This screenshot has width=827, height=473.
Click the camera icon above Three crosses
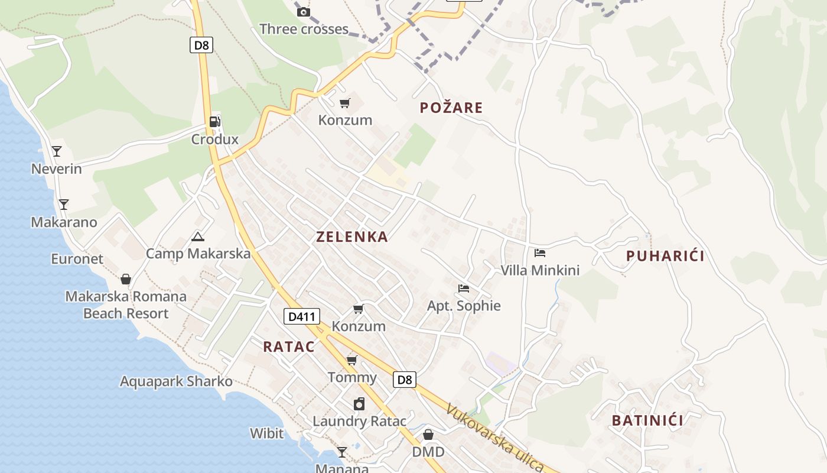pyautogui.click(x=303, y=12)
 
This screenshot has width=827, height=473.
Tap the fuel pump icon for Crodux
pyautogui.click(x=215, y=122)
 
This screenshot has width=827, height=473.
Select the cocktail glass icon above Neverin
pyautogui.click(x=57, y=151)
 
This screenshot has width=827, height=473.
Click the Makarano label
pyautogui.click(x=64, y=222)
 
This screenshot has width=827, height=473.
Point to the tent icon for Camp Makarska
pyautogui.click(x=198, y=237)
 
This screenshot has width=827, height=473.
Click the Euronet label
pyautogui.click(x=77, y=259)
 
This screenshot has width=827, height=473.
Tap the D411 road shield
pyautogui.click(x=302, y=316)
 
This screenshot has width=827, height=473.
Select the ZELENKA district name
pyautogui.click(x=352, y=237)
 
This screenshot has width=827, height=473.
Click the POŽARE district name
pyautogui.click(x=451, y=108)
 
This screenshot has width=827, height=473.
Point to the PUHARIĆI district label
pyautogui.click(x=665, y=256)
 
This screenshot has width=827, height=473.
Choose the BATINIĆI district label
pyautogui.click(x=647, y=421)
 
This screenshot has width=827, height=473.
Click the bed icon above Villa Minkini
pyautogui.click(x=539, y=253)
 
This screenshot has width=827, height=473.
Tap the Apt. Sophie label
pyautogui.click(x=464, y=306)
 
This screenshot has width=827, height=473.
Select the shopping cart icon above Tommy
pyautogui.click(x=352, y=360)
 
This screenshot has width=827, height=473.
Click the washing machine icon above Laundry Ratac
pyautogui.click(x=359, y=404)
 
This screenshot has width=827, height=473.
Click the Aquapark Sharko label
pyautogui.click(x=176, y=381)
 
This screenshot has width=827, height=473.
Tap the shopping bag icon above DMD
pyautogui.click(x=428, y=435)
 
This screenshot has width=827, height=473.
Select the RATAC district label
pyautogui.click(x=289, y=347)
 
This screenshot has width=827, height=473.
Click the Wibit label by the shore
pyautogui.click(x=266, y=433)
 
